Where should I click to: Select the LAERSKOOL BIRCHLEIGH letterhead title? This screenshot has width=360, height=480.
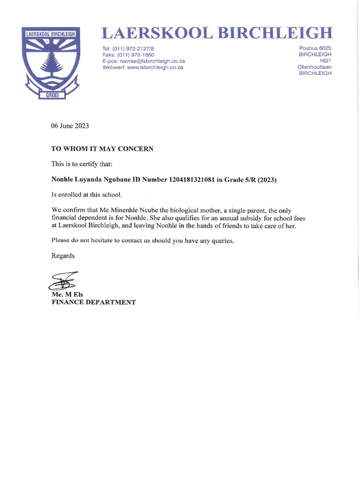217,33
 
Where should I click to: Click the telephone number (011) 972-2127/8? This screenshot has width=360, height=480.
128,49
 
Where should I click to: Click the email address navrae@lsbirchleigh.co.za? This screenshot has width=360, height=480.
143,61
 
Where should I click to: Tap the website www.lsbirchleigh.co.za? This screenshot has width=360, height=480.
142,67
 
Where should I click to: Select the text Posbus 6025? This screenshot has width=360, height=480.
315,49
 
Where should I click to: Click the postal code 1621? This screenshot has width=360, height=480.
325,61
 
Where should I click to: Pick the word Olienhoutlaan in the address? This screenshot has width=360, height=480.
314,67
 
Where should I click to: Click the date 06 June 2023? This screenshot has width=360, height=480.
70,126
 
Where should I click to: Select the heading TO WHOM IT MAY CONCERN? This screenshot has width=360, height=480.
102,149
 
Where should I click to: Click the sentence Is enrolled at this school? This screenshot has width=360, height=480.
82,195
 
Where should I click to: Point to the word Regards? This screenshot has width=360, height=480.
63,256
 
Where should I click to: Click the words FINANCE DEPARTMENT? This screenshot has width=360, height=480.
93,302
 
